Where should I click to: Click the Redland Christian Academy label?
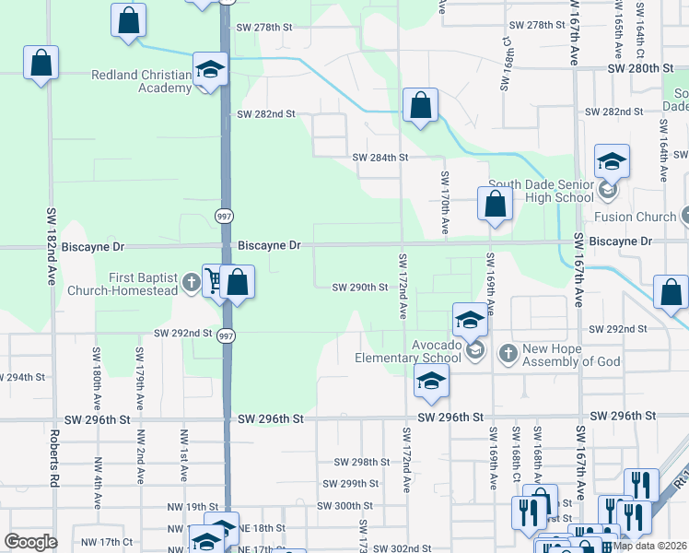coord(141,81)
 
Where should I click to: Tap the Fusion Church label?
coord(635,218)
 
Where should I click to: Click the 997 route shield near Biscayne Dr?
coord(224,216)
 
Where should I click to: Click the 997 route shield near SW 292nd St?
coord(226,336)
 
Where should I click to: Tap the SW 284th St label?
coord(380,158)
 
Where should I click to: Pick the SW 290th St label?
coord(360,287)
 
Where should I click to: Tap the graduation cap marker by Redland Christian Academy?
coord(210,69)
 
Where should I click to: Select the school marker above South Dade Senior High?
coord(612,162)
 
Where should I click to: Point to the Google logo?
coord(30,542)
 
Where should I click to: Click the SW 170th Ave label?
coord(444,202)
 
